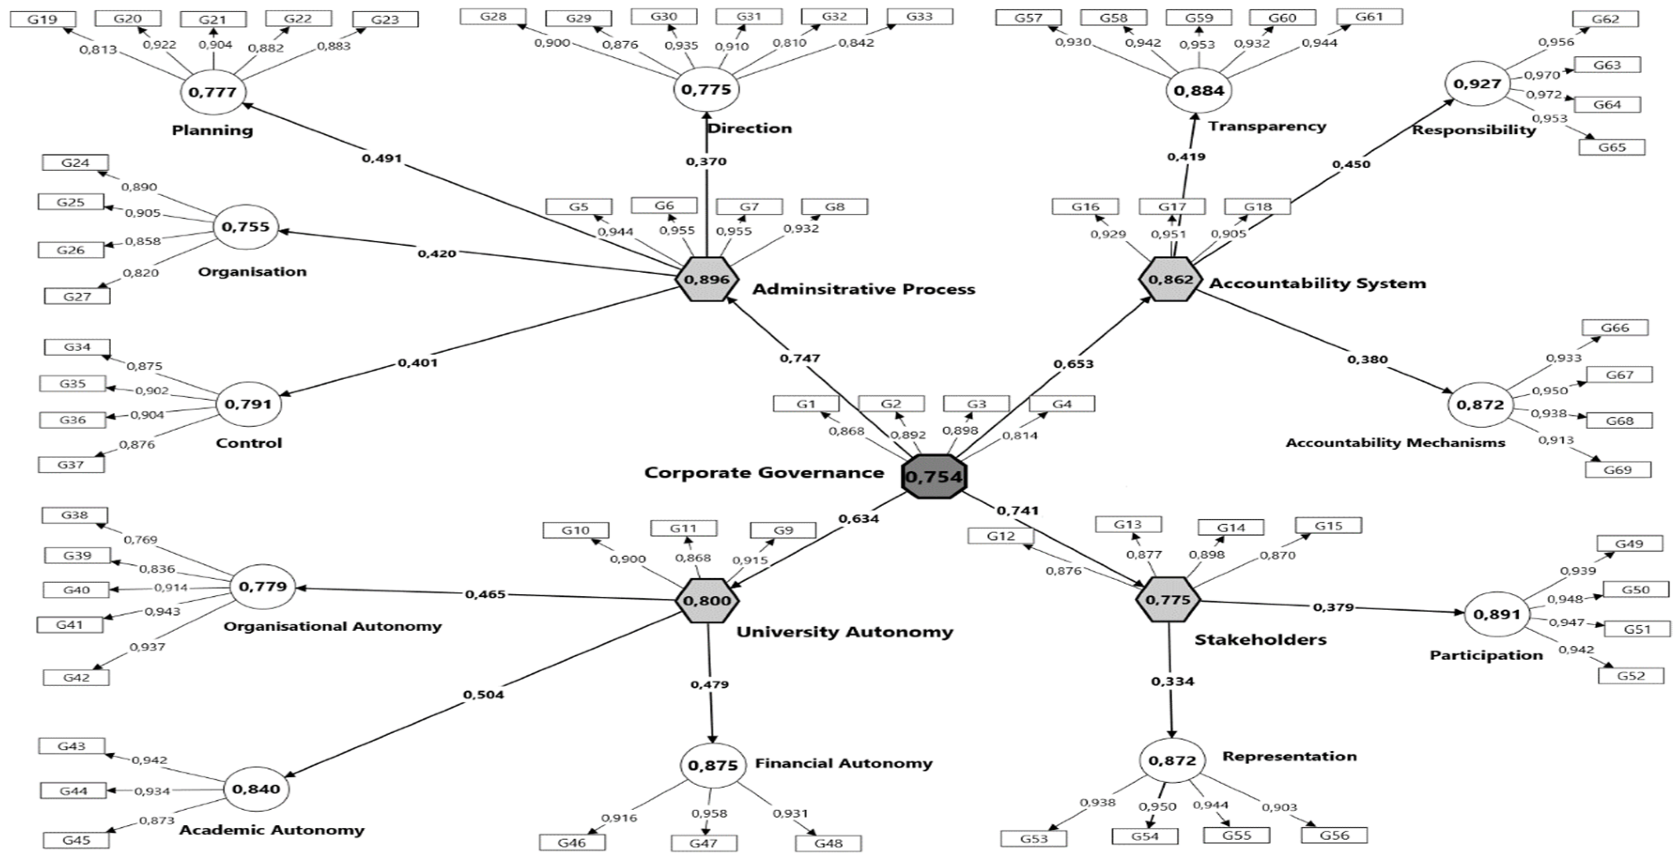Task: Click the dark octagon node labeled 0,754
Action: [x=933, y=476]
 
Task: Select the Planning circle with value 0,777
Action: [x=212, y=92]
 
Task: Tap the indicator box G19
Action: [x=43, y=20]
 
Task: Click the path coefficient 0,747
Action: [x=800, y=358]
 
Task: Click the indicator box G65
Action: [x=1611, y=147]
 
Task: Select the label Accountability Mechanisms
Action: [x=1395, y=443]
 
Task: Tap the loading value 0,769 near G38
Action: [x=141, y=540]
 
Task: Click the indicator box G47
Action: [x=704, y=844]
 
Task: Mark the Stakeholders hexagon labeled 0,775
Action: [x=1168, y=600]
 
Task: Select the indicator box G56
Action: [x=1334, y=835]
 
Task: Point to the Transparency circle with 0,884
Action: [x=1199, y=91]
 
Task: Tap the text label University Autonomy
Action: [x=844, y=632]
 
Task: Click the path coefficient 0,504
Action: [x=483, y=695]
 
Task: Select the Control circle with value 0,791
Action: [x=247, y=404]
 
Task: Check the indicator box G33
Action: [x=919, y=17]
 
